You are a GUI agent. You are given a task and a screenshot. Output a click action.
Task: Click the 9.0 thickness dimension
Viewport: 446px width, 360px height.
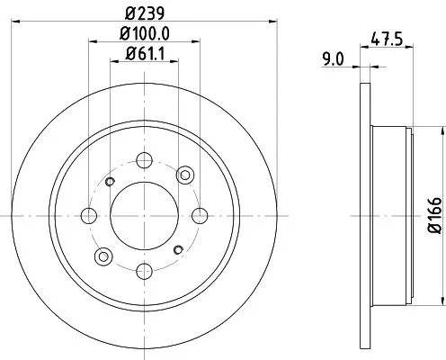332,62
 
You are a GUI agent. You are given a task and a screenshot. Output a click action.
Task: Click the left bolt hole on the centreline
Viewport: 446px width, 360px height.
89,216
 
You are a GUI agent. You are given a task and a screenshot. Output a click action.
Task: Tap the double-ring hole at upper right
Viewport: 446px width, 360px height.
185,175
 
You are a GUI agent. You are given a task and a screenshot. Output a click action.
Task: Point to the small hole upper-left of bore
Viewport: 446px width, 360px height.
111,183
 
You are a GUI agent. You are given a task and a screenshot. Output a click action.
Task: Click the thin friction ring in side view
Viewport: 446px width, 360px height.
363,216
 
